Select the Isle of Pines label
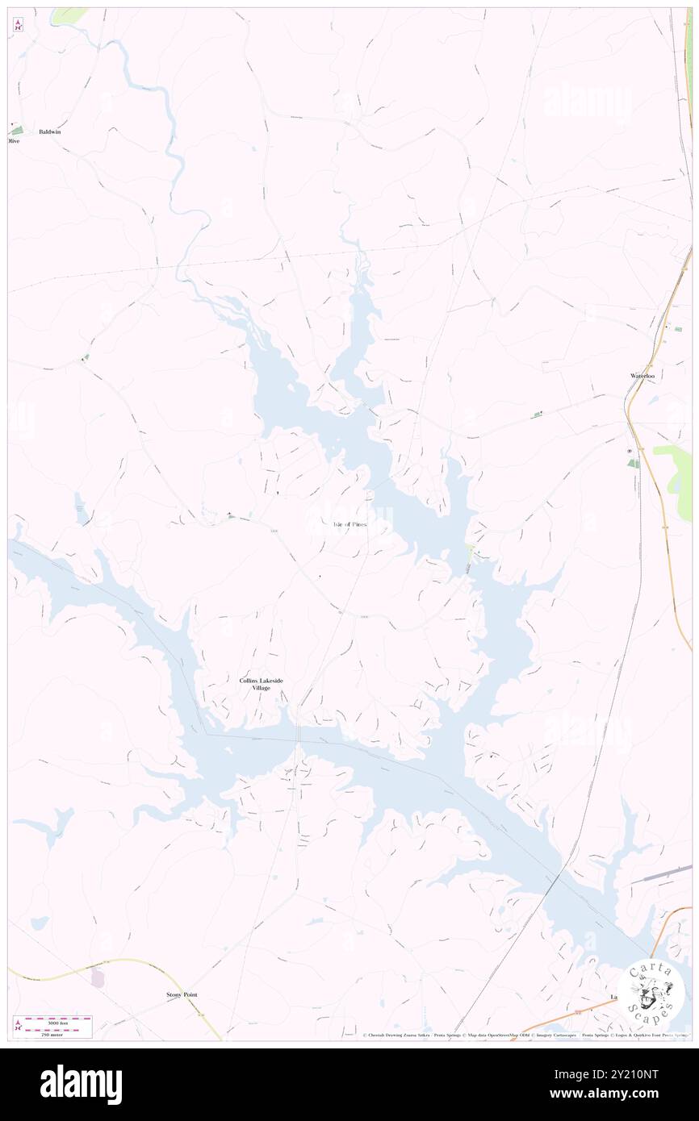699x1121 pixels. click(349, 524)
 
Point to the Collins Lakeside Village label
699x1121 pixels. click(261, 685)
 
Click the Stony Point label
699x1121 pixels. click(182, 995)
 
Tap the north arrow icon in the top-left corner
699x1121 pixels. click(18, 26)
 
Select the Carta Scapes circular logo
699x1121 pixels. click(651, 991)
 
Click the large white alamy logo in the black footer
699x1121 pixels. click(81, 1084)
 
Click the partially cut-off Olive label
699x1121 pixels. click(13, 141)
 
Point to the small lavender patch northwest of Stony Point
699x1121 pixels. click(98, 977)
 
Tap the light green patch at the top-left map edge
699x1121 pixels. click(68, 15)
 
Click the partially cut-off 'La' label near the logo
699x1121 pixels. click(613, 997)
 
